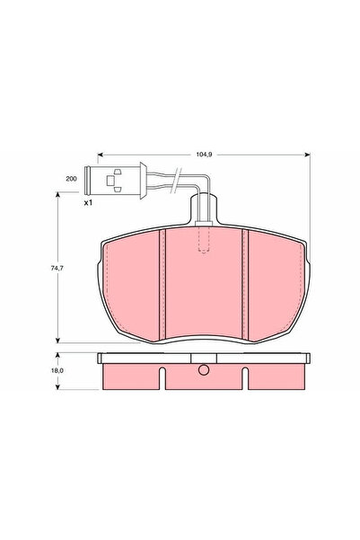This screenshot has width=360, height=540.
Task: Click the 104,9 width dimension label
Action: click(x=204, y=155)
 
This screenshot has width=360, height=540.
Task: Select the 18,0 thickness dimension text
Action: click(x=57, y=371)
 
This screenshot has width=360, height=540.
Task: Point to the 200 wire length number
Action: click(x=71, y=179)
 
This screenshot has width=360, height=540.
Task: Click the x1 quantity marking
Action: click(x=89, y=203)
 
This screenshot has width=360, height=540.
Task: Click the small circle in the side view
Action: click(x=204, y=370)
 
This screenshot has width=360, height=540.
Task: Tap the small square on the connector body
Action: click(x=110, y=181)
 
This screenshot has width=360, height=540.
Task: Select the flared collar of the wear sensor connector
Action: click(x=143, y=181)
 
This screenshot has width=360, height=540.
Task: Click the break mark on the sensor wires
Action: click(x=176, y=179)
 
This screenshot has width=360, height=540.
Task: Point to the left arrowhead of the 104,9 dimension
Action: click(x=101, y=155)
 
